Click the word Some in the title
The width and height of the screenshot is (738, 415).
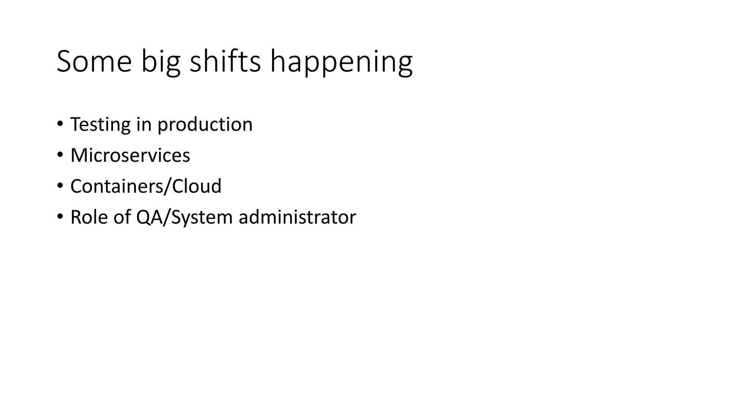(94, 62)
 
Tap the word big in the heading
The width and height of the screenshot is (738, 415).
(160, 62)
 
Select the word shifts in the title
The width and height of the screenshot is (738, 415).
(225, 62)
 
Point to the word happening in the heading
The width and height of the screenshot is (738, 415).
(341, 62)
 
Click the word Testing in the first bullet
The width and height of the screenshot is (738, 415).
(100, 125)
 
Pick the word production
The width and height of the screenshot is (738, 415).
(205, 125)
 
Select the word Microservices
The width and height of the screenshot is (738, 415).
(130, 155)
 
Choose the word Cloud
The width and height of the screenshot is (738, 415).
(197, 186)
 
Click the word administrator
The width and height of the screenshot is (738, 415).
(297, 217)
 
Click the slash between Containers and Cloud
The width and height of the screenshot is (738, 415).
(168, 186)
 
